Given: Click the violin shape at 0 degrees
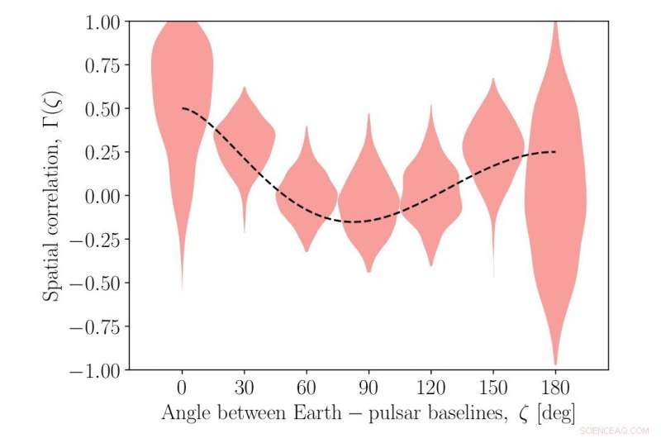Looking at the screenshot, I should [x=182, y=83].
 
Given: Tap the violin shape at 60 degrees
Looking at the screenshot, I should [x=307, y=194].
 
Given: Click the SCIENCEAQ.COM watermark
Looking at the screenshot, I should [x=616, y=430].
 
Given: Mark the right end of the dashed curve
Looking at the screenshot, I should [x=555, y=152].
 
